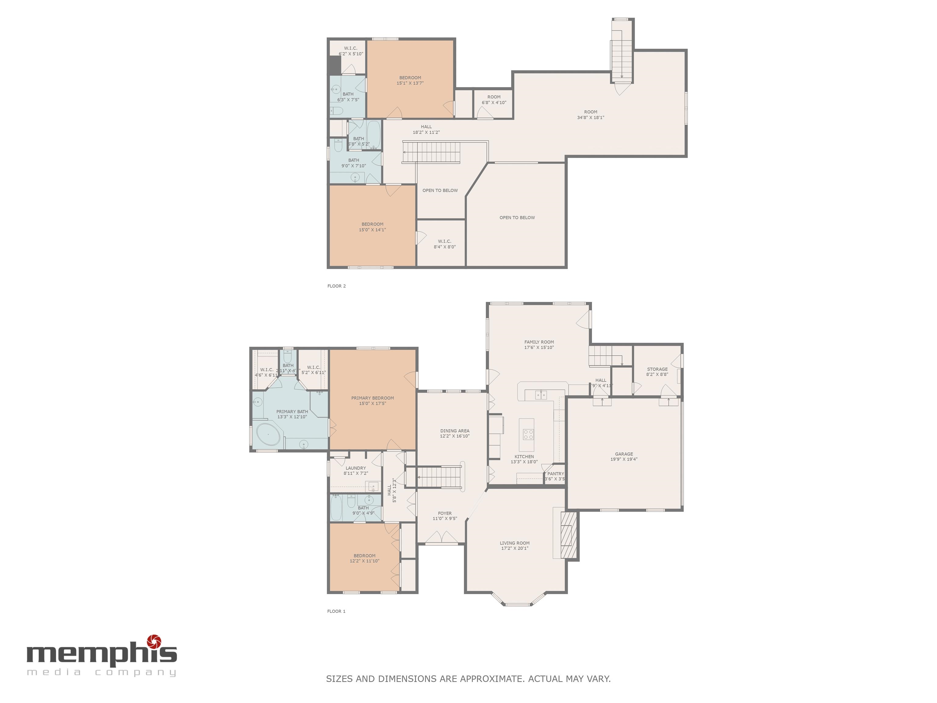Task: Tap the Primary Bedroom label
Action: (372, 398)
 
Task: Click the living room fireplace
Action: (569, 535)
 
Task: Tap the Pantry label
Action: (555, 474)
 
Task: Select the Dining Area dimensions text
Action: (454, 436)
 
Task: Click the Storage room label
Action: (657, 369)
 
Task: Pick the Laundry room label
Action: (355, 468)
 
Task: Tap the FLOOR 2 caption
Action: (336, 286)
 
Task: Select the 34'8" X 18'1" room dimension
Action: (591, 118)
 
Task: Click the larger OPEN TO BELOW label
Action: (517, 217)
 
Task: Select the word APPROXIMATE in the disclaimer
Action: (493, 679)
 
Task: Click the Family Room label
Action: (539, 342)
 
